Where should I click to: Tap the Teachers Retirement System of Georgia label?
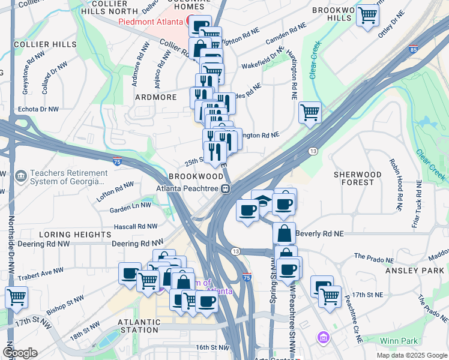pos(63,178)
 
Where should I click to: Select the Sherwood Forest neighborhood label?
pos(358,178)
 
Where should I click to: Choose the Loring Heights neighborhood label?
pos(68,234)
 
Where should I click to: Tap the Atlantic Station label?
pos(140,326)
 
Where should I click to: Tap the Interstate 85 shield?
pos(413,49)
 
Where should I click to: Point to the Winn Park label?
pos(402,341)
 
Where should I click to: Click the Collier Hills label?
pos(45,44)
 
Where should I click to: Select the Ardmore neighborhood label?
pos(155,97)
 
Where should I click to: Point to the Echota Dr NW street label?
pos(38,109)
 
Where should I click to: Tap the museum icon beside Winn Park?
pos(325,338)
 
